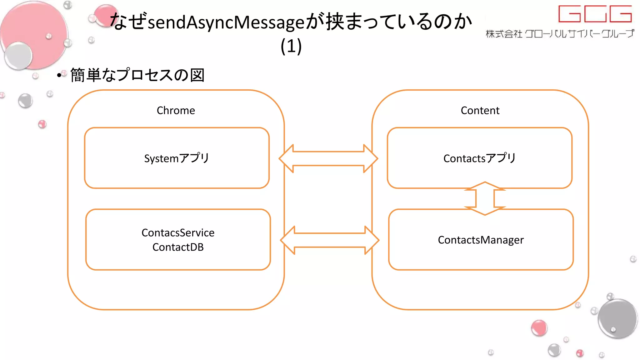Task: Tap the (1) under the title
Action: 291,46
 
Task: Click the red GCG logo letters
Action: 595,14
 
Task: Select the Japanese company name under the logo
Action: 560,33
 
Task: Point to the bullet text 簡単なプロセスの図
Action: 137,75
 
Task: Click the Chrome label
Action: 176,111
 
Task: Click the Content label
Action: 480,111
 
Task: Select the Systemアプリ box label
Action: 177,158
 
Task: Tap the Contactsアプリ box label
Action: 479,158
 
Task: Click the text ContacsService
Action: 178,233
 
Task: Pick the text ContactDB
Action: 178,247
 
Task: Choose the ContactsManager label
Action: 481,240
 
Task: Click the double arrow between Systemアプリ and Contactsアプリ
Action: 328,158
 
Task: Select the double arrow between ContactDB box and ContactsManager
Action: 330,240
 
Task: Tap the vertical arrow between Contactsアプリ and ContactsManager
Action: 485,198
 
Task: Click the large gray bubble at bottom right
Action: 617,319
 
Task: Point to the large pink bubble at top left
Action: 34,34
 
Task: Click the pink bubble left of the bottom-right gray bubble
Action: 539,328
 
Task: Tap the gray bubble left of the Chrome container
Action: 25,101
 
